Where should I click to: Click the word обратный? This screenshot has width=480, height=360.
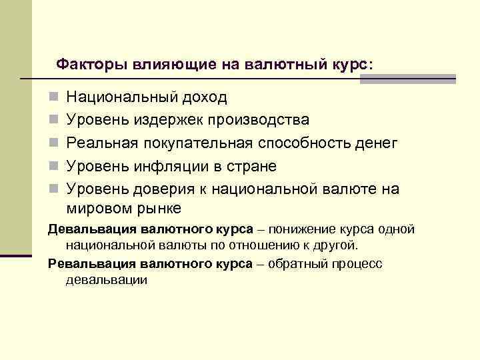296,263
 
